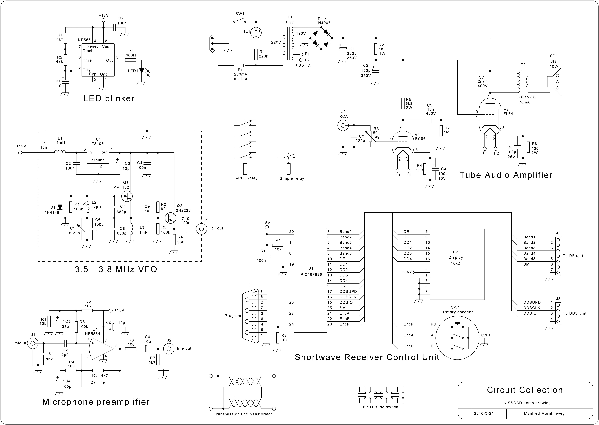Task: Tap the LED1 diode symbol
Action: click(141, 71)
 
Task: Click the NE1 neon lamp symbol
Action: click(256, 33)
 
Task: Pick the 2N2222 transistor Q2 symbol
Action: click(170, 217)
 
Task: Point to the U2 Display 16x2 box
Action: click(457, 264)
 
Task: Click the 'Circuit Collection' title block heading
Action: click(525, 390)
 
